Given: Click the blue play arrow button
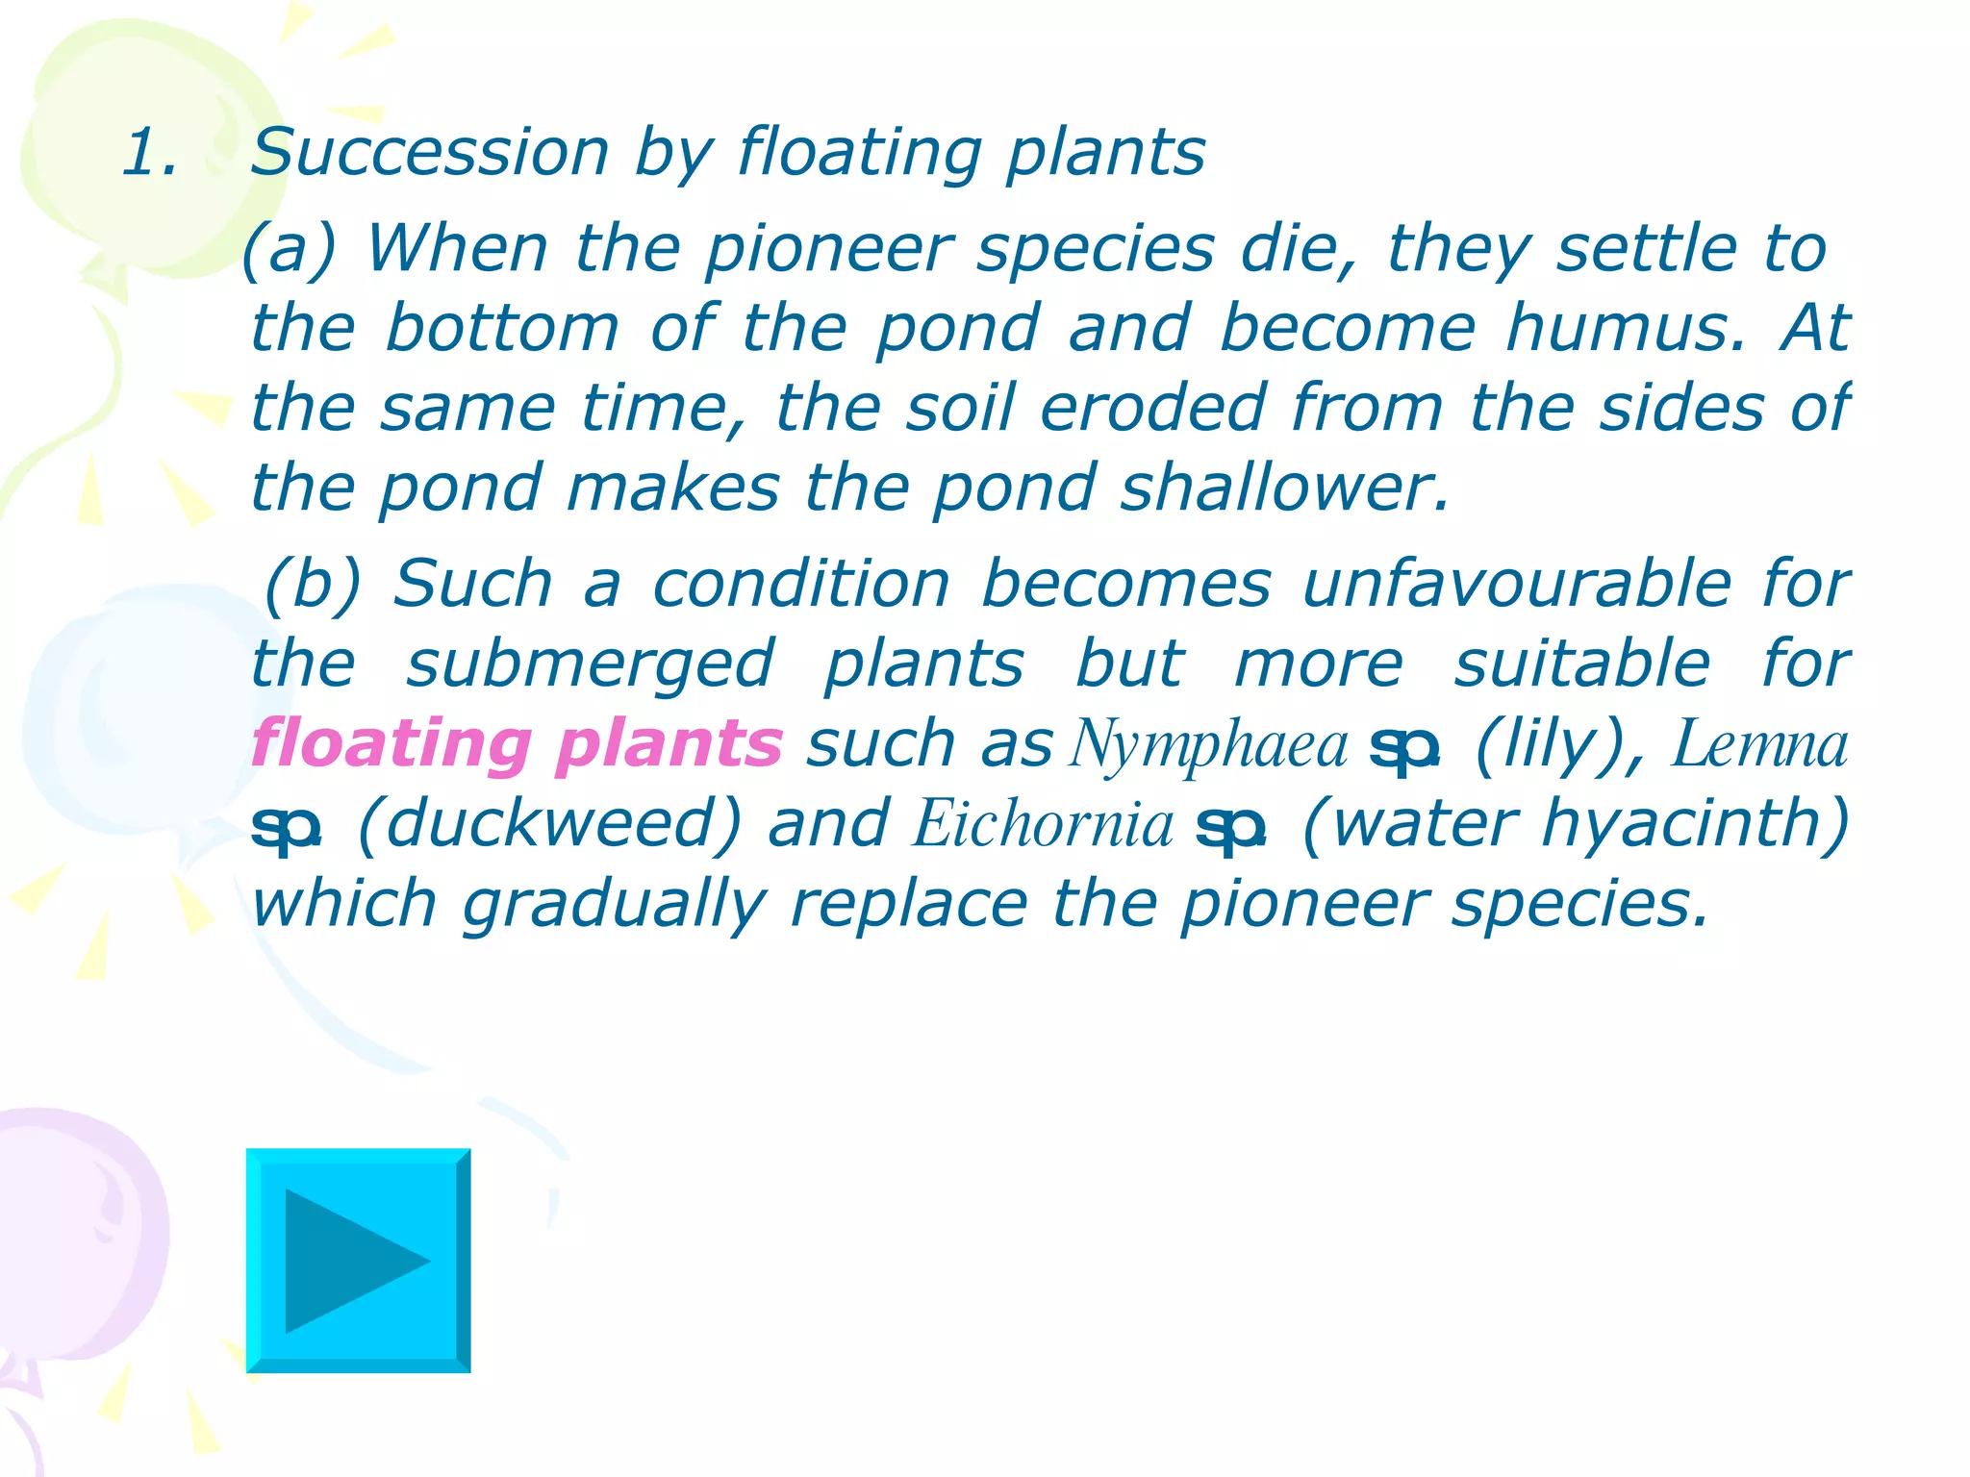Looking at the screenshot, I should tap(358, 1260).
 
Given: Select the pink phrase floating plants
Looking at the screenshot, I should tap(517, 744).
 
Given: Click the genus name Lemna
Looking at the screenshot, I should tap(1760, 744).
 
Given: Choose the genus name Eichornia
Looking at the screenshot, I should tap(1044, 824).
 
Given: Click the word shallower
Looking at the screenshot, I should tap(1285, 488).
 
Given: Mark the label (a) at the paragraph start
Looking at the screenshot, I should tap(289, 249).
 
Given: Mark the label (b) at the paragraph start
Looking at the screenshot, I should tap(313, 584).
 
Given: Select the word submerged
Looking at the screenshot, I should tap(590, 664).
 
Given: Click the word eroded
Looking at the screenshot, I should tap(1152, 409).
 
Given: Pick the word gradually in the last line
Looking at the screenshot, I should tap(614, 905).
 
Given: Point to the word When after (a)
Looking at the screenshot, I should tap(457, 249).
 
